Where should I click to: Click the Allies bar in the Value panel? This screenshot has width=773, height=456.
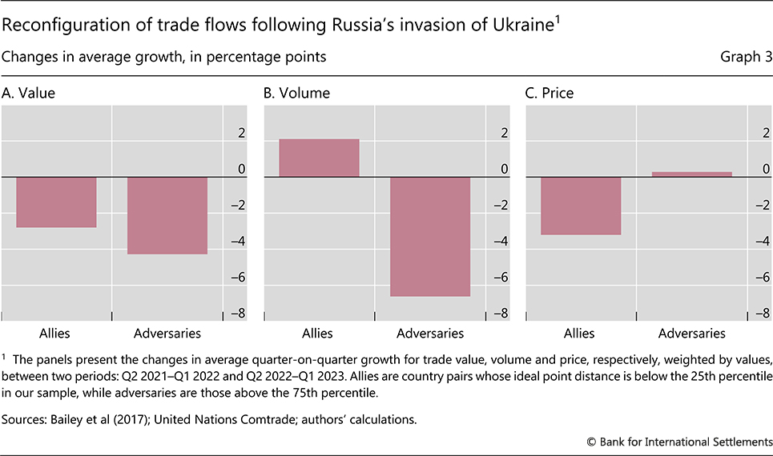(56, 202)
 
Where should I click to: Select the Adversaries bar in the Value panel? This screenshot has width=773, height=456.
(167, 214)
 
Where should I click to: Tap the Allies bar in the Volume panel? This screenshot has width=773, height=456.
(319, 158)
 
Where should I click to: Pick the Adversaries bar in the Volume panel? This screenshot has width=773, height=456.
(430, 236)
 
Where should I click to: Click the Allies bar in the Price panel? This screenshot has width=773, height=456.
(582, 206)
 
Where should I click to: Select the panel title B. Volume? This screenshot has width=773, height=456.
(296, 93)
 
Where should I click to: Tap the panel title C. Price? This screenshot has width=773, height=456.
(550, 93)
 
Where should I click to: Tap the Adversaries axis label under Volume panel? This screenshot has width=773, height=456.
(430, 333)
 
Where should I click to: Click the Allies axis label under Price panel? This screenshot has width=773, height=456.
(579, 333)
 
